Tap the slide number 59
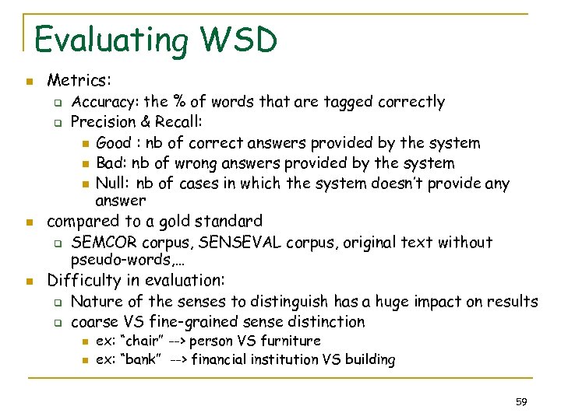click(x=522, y=402)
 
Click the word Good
click(x=114, y=142)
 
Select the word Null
click(x=111, y=184)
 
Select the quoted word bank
click(x=140, y=359)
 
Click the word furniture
click(x=291, y=341)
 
